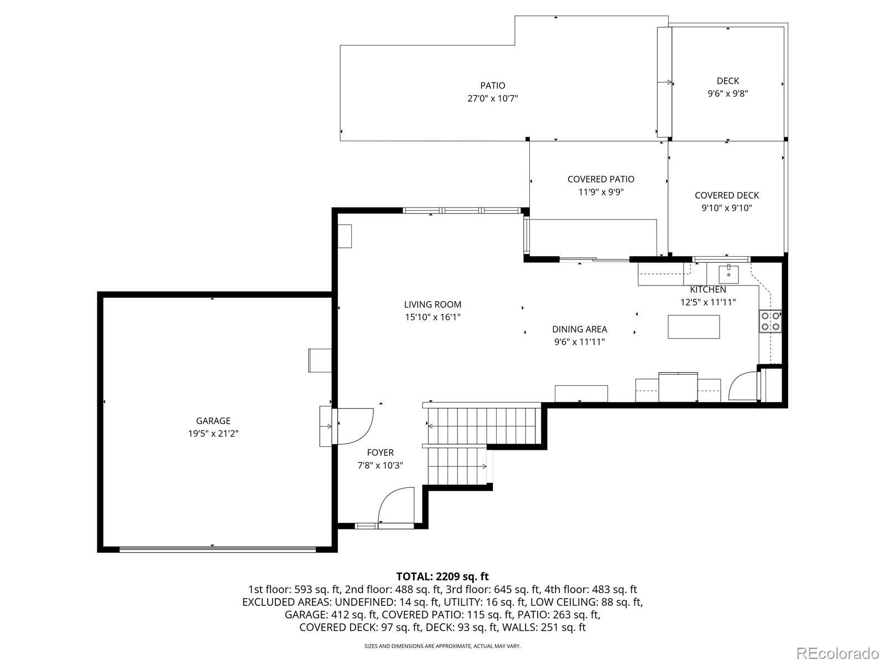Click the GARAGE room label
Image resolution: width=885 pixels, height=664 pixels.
pyautogui.click(x=213, y=421)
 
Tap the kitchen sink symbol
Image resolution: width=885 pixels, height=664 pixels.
pyautogui.click(x=728, y=274)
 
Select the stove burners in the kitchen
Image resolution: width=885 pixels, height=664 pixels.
pyautogui.click(x=770, y=321)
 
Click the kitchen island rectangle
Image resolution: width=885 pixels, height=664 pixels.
pyautogui.click(x=694, y=326)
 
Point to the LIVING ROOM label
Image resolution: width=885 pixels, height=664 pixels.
pyautogui.click(x=433, y=304)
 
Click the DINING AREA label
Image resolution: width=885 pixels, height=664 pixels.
pyautogui.click(x=579, y=329)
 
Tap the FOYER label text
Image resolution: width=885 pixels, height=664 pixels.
pyautogui.click(x=380, y=452)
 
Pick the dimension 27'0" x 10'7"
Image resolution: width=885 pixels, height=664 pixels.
pyautogui.click(x=492, y=98)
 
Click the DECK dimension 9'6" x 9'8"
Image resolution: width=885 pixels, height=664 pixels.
pyautogui.click(x=728, y=94)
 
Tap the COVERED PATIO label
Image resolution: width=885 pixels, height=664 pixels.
pyautogui.click(x=601, y=179)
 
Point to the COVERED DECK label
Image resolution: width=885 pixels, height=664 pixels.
pyautogui.click(x=727, y=195)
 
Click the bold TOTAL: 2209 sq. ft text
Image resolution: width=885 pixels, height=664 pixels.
pyautogui.click(x=442, y=576)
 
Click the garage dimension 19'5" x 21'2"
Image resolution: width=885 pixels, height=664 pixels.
pyautogui.click(x=213, y=433)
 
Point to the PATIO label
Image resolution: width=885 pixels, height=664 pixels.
pyautogui.click(x=492, y=85)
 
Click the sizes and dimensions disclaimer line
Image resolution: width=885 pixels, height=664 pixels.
pyautogui.click(x=442, y=645)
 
